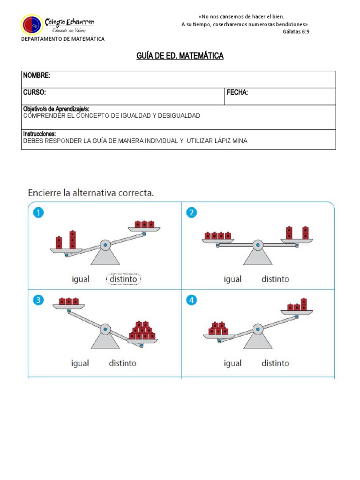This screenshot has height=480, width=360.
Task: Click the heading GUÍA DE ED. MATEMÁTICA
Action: coord(180,56)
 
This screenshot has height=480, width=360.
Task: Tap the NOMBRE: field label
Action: coord(37,76)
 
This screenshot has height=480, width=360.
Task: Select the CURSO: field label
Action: coord(35,93)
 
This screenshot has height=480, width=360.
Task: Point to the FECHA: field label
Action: coord(237,93)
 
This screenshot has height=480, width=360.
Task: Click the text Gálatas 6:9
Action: coord(296,31)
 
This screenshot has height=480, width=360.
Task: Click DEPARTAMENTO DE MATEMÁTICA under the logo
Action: coord(63,39)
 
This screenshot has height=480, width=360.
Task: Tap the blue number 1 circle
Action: coord(39,213)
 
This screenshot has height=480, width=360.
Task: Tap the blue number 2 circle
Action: coord(191,213)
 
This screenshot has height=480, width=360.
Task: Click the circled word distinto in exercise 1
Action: coord(124,279)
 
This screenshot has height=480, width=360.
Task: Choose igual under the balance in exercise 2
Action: coord(232,279)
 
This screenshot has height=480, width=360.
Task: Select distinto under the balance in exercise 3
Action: coord(123,363)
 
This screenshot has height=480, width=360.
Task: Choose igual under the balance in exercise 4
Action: coord(232,363)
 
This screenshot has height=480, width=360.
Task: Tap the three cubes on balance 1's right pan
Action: coord(144,224)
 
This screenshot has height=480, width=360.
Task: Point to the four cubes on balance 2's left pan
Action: coord(218,235)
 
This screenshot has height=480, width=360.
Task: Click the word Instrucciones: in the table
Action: coord(39,134)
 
